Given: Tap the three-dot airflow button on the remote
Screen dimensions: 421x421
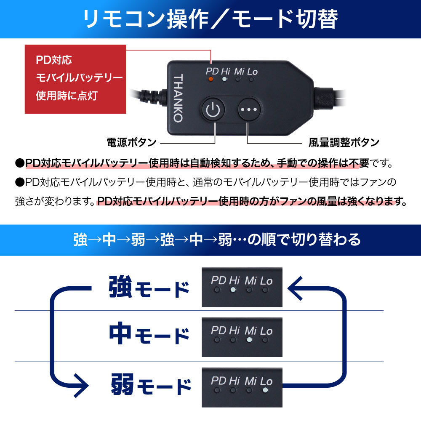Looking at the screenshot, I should click(x=249, y=109).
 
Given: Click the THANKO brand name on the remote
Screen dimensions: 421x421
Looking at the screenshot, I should click(x=178, y=98).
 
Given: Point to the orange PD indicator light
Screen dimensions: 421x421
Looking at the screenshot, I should click(x=211, y=79).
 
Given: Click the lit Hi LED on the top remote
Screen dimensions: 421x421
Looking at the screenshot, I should click(x=225, y=79).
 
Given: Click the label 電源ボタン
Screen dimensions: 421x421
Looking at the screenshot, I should click(x=131, y=142).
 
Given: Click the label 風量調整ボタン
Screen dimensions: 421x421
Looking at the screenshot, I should click(x=344, y=142).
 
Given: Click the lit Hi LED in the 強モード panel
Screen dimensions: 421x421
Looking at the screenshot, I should click(x=233, y=290).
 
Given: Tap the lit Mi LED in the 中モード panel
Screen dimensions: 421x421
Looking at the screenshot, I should click(x=249, y=339).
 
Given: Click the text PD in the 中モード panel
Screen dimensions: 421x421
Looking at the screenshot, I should click(x=218, y=330).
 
